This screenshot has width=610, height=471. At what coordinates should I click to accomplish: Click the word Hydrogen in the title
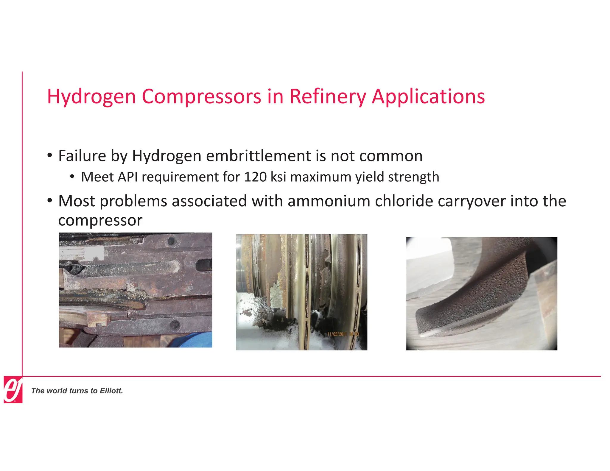click(x=91, y=97)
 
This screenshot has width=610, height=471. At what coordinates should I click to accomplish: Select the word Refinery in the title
click(x=328, y=97)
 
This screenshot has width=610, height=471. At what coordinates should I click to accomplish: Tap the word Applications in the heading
click(x=428, y=97)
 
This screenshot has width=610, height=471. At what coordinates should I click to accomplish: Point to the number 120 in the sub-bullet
click(x=255, y=177)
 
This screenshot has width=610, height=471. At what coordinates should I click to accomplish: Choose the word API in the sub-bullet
click(x=127, y=177)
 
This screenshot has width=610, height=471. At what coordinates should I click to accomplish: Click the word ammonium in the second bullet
click(x=329, y=201)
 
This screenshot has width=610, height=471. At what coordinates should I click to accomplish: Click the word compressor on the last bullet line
click(x=100, y=221)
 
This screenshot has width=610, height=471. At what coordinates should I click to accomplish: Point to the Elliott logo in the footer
click(x=13, y=389)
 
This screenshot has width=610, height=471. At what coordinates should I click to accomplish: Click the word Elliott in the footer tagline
click(x=111, y=391)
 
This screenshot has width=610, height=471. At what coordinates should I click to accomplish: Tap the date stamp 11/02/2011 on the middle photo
click(x=337, y=334)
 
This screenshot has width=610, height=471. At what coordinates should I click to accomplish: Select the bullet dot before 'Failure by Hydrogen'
click(x=50, y=155)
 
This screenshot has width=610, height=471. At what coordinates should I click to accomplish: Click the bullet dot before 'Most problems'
click(x=50, y=200)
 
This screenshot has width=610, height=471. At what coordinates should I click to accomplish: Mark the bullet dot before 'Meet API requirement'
click(x=72, y=177)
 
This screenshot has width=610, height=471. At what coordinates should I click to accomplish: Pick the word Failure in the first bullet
click(x=82, y=156)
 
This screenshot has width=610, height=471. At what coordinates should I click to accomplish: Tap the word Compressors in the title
click(x=202, y=97)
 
